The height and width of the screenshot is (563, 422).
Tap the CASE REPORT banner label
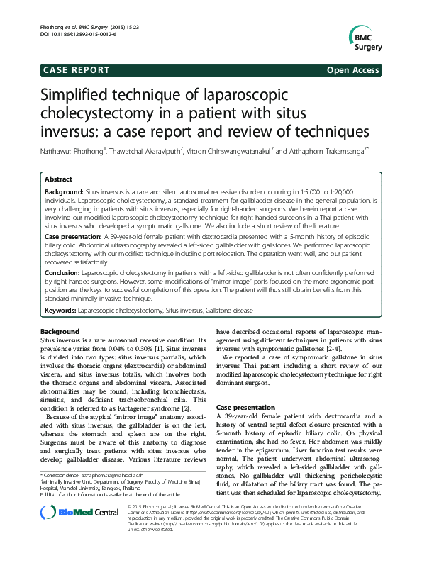point(77,70)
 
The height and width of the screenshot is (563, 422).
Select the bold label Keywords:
point(60,310)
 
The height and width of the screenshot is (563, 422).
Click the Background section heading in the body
point(60,332)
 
